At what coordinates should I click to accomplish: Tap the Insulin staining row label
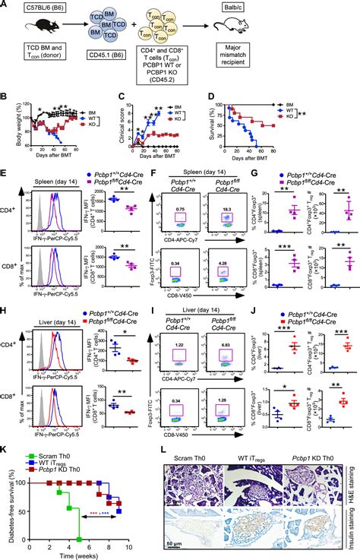pyautogui.click(x=354, y=524)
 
